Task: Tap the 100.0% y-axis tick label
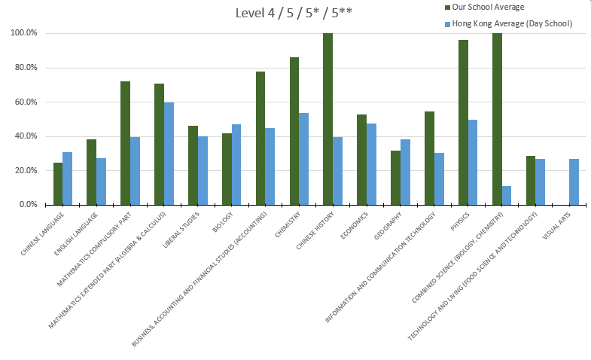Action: [23, 34]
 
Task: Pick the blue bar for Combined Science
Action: [506, 195]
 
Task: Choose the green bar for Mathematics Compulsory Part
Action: [125, 143]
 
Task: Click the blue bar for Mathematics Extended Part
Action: [169, 154]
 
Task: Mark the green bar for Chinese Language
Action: [58, 184]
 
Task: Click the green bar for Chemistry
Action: [294, 131]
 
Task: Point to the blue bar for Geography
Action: [405, 172]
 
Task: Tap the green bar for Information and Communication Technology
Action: [429, 158]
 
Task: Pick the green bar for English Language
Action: [91, 172]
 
